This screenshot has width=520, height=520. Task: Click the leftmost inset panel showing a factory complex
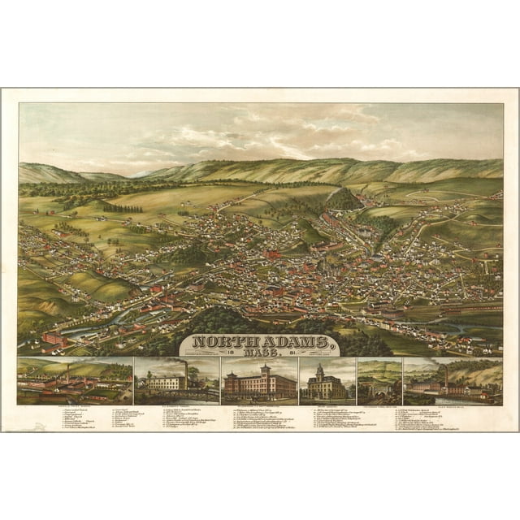74,382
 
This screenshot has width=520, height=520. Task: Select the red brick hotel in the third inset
258,383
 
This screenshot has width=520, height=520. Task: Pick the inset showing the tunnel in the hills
379,382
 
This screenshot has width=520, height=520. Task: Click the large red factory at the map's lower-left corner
54,339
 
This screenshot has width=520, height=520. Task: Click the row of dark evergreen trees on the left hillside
123,208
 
